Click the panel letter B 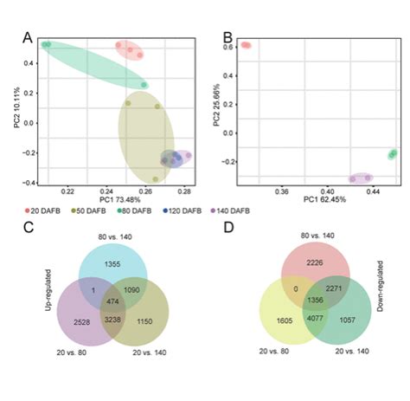(227, 37)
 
